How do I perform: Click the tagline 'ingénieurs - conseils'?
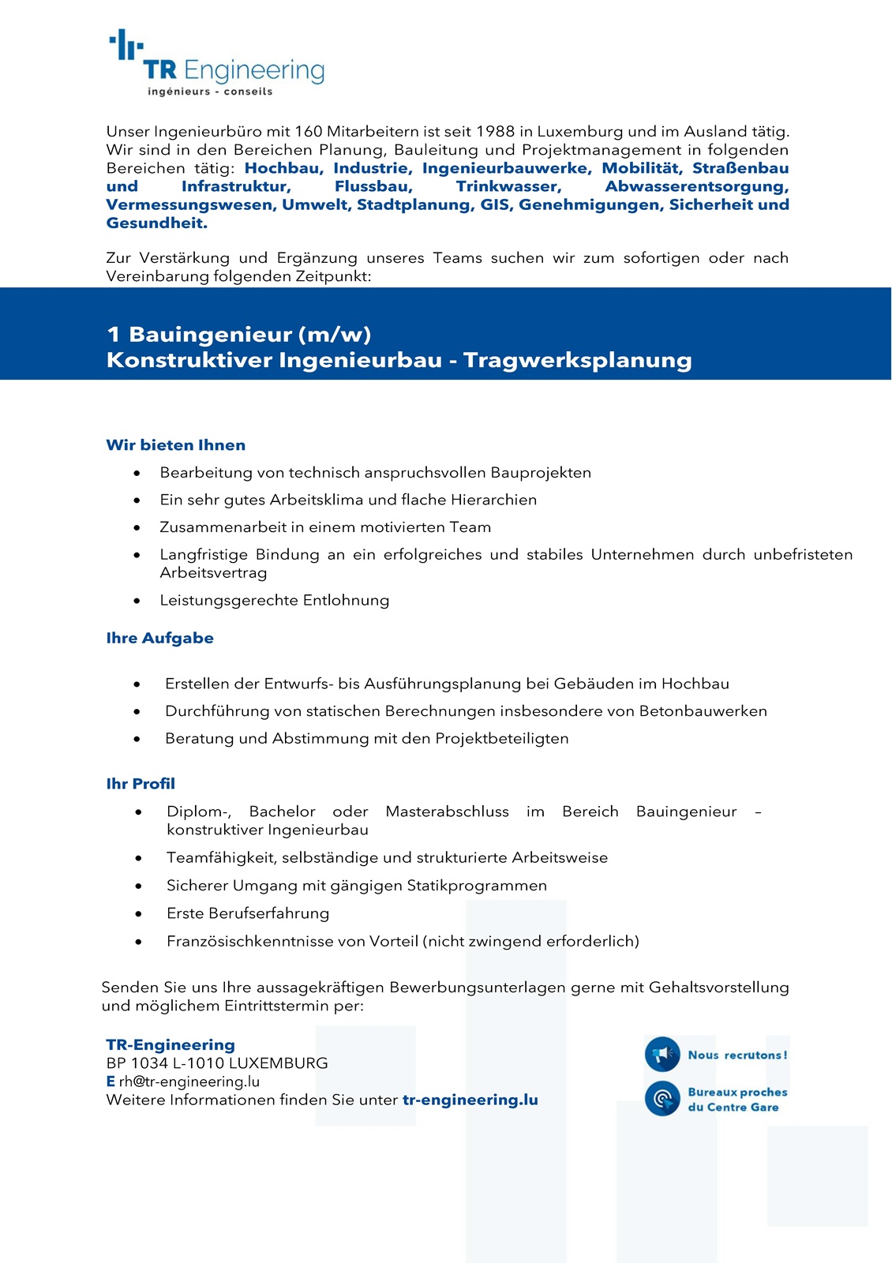[x=210, y=92]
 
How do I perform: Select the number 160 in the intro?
[x=308, y=132]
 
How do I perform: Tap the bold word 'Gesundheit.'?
[x=157, y=223]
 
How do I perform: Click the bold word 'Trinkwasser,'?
[x=508, y=187]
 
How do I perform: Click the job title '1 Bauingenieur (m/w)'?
[x=238, y=334]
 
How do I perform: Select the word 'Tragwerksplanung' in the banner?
[x=577, y=360]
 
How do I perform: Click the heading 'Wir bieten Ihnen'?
[x=175, y=445]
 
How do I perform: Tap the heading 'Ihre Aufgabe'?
[x=159, y=638]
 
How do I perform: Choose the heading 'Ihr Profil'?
[x=141, y=784]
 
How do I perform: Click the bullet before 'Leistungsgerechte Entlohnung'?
[x=137, y=601]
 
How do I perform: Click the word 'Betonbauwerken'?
[x=703, y=711]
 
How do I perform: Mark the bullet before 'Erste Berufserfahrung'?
[x=139, y=914]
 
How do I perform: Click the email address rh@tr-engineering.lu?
[x=189, y=1081]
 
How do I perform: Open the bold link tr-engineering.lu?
[x=470, y=1100]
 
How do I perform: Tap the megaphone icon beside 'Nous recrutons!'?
[x=662, y=1054]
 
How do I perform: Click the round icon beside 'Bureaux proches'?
[x=662, y=1098]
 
